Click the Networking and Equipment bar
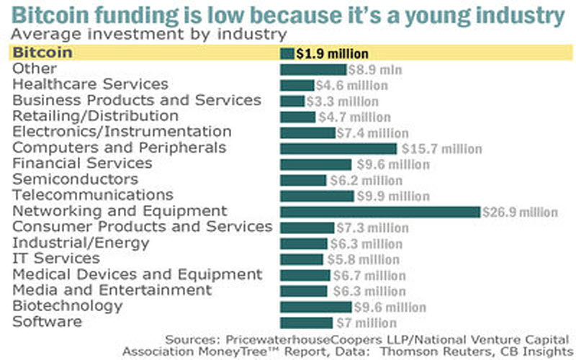point(379,212)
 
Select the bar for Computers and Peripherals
point(338,148)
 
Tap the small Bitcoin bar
point(287,53)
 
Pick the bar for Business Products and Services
point(292,101)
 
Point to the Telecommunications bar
point(317,196)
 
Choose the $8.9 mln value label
point(375,70)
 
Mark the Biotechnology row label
point(68,306)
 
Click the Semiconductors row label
point(75,179)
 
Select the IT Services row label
point(56,258)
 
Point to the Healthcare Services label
point(90,85)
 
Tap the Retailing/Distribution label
point(95,116)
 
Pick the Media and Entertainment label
point(112,290)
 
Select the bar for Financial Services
point(315,164)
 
